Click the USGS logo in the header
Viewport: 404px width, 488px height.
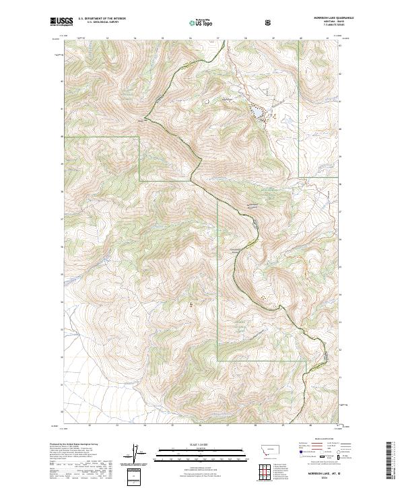pos(61,23)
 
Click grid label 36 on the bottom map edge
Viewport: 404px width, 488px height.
pos(199,425)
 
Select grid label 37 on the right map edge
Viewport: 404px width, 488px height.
pos(339,211)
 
